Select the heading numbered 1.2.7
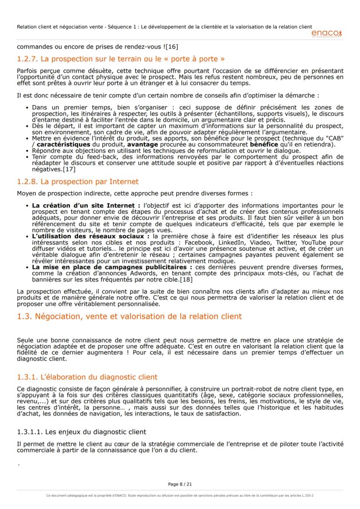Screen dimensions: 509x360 121,59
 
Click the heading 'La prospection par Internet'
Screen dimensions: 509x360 78,182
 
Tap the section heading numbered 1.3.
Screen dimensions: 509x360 129,316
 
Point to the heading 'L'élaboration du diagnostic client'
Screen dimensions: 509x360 87,377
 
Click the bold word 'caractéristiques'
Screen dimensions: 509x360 63,144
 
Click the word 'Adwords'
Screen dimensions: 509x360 117,273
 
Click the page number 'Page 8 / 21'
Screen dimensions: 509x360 180,484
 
